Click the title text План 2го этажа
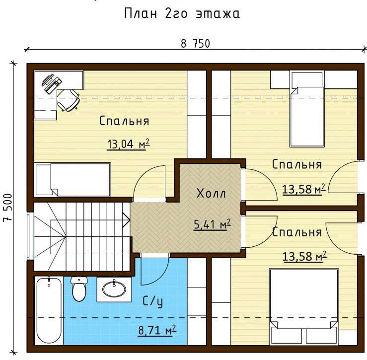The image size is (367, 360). pyautogui.click(x=182, y=13)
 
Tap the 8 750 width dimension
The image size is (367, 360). pyautogui.click(x=196, y=44)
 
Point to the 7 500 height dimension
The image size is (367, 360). pyautogui.click(x=7, y=208)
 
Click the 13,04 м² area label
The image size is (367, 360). pyautogui.click(x=129, y=144)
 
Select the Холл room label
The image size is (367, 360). pyautogui.click(x=212, y=194)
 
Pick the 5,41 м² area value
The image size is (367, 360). pyautogui.click(x=212, y=224)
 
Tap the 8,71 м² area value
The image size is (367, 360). pyautogui.click(x=157, y=330)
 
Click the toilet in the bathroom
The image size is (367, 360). pyautogui.click(x=79, y=289)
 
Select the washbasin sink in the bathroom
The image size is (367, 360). pyautogui.click(x=114, y=289)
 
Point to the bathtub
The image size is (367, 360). pyautogui.click(x=49, y=311)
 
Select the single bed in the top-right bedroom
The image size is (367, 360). pyautogui.click(x=307, y=109)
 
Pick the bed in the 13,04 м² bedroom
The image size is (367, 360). pyautogui.click(x=73, y=180)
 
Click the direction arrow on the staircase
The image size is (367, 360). pyautogui.click(x=127, y=220)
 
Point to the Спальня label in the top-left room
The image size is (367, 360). pyautogui.click(x=124, y=121)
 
